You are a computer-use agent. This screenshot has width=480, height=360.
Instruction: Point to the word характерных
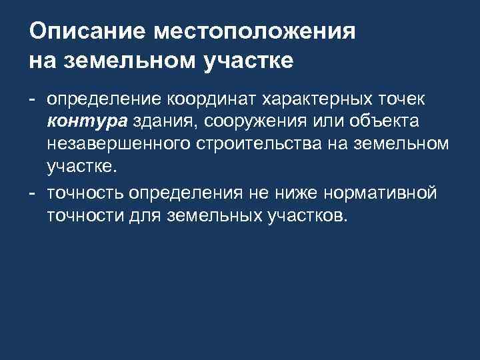click(324, 99)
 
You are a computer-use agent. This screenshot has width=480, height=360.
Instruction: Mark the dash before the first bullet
click(32, 99)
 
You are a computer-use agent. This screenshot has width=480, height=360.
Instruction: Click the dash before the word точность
click(32, 193)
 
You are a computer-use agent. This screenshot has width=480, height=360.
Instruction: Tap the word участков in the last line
click(307, 215)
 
